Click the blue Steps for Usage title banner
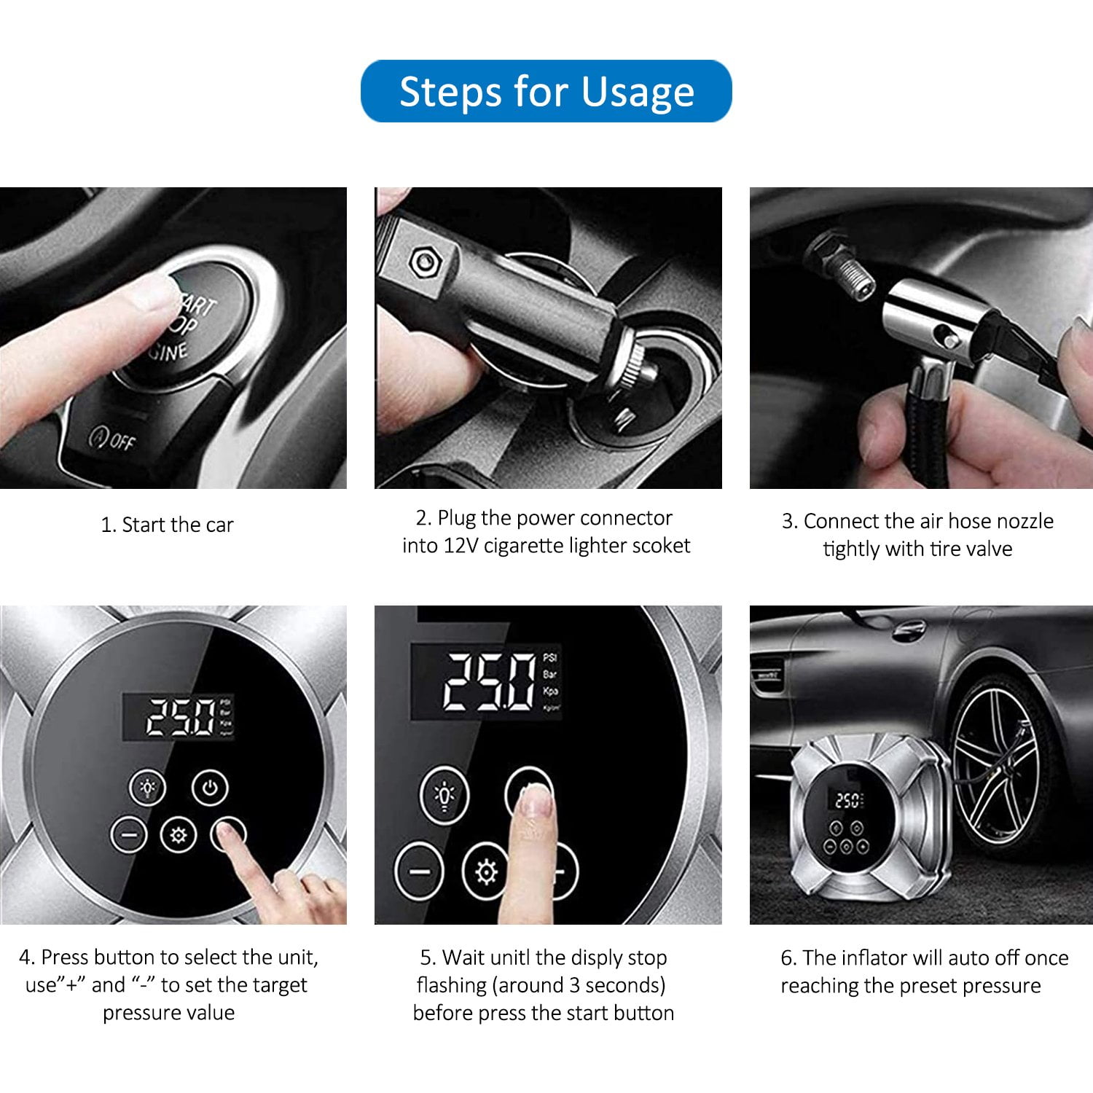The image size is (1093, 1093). click(546, 91)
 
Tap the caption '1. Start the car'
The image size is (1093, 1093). click(167, 525)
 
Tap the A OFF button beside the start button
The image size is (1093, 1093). click(111, 439)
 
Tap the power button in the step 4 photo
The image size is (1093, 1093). click(211, 788)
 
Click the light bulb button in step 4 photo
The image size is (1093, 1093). click(148, 788)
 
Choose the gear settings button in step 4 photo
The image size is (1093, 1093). click(179, 835)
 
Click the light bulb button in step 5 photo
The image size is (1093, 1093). click(445, 795)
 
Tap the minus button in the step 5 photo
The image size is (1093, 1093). click(420, 871)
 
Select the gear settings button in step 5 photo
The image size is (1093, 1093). click(486, 871)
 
